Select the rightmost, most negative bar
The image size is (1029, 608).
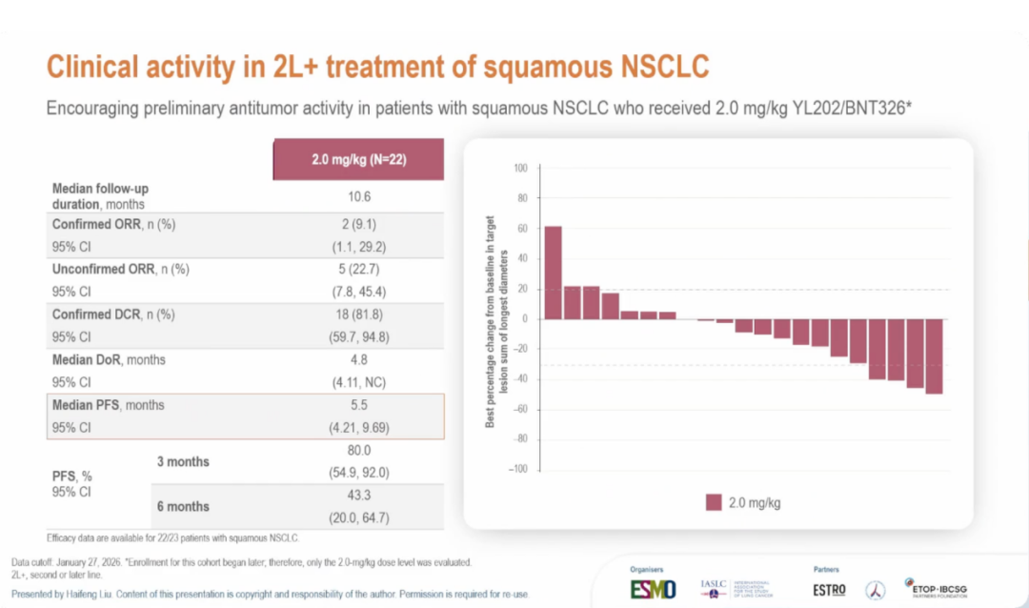(934, 356)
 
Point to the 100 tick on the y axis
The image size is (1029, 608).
(520, 169)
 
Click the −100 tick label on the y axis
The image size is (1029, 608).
(516, 469)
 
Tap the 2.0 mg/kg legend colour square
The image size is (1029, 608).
(714, 502)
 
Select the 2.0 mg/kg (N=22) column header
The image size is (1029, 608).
(358, 159)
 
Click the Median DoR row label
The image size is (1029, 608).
(109, 360)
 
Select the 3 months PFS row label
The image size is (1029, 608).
(183, 461)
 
